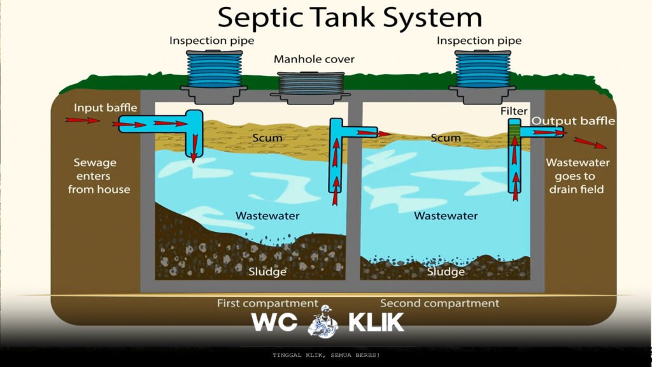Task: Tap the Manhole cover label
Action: tap(314, 59)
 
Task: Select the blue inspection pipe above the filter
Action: tap(483, 69)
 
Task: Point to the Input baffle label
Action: tap(105, 108)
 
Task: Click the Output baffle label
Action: tap(573, 121)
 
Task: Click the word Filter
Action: tap(513, 112)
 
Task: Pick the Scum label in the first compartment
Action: tap(267, 138)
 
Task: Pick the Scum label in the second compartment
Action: tap(445, 138)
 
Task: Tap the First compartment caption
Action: tap(267, 303)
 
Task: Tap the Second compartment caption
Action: tap(439, 303)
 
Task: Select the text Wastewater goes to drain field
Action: tap(578, 176)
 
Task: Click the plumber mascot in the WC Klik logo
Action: tap(323, 322)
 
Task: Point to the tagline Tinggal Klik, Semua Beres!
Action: tap(326, 355)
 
